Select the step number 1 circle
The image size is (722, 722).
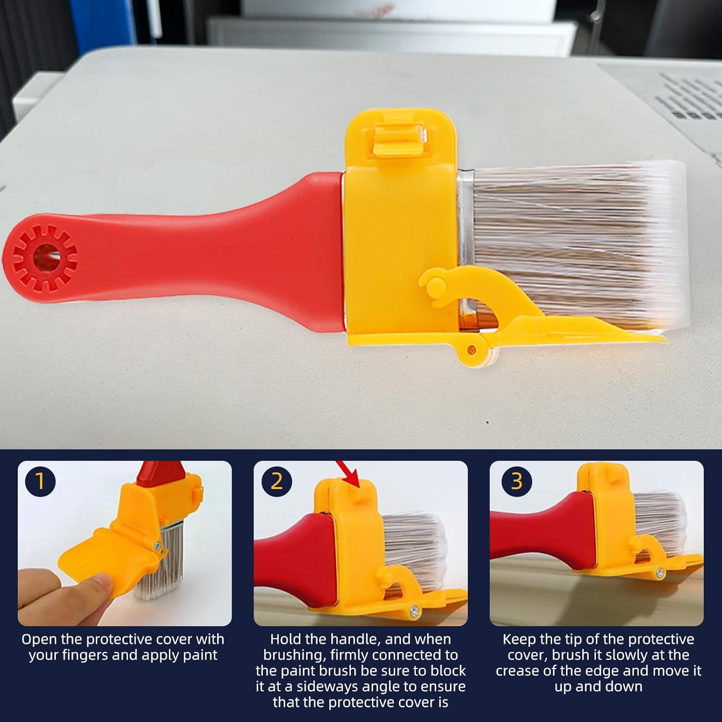pos(40,481)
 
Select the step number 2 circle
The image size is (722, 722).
pos(277,481)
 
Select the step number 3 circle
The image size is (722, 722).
pos(516,481)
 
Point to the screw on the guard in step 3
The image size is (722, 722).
pos(657,573)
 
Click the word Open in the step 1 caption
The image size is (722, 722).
pos(39,640)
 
